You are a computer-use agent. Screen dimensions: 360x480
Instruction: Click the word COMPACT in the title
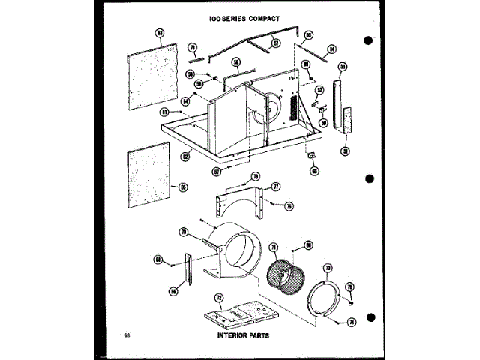(x=261, y=16)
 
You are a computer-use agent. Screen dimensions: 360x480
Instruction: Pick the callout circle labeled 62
(x=184, y=157)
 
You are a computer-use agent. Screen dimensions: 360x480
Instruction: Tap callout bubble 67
(x=217, y=171)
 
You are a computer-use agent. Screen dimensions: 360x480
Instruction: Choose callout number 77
(x=276, y=186)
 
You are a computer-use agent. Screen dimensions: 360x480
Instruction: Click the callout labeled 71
(x=274, y=247)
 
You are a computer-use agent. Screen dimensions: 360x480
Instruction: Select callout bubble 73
(x=327, y=268)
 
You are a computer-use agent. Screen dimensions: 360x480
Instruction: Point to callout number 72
(x=220, y=298)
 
